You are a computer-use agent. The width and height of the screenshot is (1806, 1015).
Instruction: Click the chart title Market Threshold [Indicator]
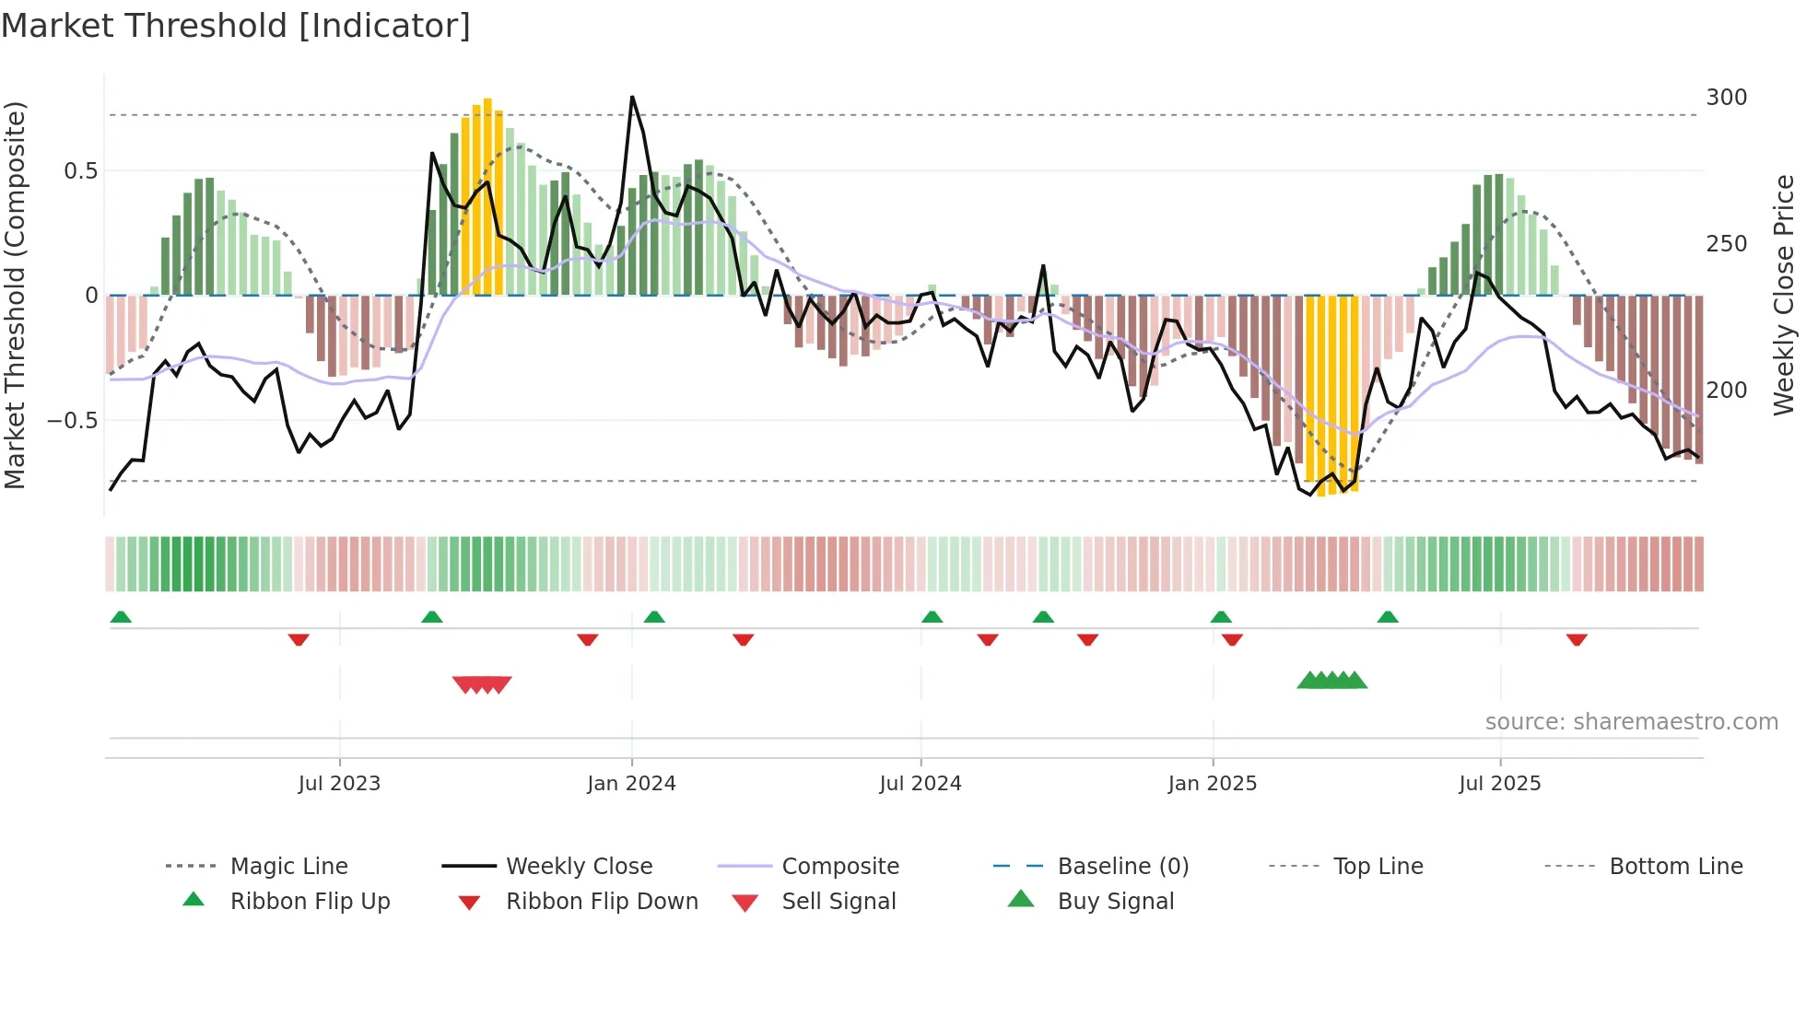[x=236, y=26]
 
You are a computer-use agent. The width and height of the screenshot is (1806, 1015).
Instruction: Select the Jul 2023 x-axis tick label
[x=339, y=784]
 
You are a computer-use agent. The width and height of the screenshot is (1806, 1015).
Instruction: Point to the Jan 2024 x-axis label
[x=631, y=784]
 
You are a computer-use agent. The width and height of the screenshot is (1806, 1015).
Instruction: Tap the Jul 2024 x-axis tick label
[x=921, y=784]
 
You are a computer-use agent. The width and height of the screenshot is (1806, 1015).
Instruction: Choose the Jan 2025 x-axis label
[x=1212, y=784]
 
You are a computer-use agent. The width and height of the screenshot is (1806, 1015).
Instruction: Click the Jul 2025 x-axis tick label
[x=1500, y=784]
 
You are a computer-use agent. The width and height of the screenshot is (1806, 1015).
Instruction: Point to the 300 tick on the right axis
[x=1727, y=98]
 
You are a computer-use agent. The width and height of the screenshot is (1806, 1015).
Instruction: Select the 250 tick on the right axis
[x=1727, y=244]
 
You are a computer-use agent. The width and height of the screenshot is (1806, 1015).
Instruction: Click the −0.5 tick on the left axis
[x=73, y=421]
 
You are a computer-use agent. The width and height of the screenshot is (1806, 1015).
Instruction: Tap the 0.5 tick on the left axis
[x=81, y=171]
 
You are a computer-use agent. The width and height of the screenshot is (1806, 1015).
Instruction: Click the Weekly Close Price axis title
[x=1785, y=295]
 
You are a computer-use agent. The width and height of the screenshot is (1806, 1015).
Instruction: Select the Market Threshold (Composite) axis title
[x=15, y=295]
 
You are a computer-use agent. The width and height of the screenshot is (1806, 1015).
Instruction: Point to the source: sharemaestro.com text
[x=1632, y=722]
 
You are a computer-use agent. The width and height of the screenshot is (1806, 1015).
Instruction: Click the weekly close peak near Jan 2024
[x=632, y=97]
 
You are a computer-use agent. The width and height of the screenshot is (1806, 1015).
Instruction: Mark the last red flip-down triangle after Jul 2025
[x=1577, y=639]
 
